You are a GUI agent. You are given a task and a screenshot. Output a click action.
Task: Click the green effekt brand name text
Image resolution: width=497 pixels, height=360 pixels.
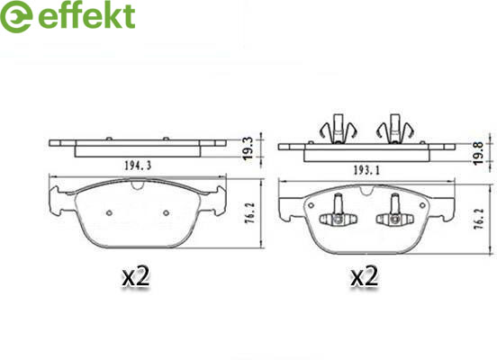coord(86,15)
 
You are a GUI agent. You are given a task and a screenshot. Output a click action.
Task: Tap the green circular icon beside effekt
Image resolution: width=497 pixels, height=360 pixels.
coord(16,16)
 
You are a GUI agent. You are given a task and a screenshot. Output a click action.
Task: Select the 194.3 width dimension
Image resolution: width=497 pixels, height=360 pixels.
coord(138,166)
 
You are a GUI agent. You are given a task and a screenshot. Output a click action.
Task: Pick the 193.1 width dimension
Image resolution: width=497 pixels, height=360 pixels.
coord(366,171)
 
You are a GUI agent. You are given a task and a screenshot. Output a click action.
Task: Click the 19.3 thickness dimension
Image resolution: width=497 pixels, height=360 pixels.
coord(248,148)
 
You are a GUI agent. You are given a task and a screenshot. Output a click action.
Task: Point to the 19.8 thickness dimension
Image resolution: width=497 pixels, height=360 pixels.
coord(479,153)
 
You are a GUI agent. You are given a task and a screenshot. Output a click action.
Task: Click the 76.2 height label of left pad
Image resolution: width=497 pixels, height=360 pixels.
coord(250,213)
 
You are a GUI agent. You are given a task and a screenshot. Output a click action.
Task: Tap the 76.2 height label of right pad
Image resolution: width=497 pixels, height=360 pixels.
coord(479,219)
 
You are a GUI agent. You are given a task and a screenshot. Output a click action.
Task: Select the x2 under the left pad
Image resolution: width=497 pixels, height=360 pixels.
coord(136,276)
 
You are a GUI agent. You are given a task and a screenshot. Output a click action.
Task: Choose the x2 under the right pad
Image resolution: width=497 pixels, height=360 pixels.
coord(364,276)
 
